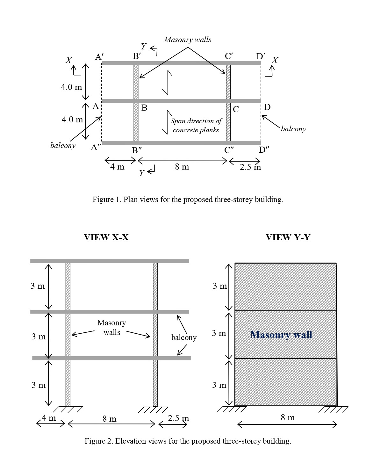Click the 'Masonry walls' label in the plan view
188,40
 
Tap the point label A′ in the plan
99,57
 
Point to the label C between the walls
236,109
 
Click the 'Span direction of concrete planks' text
196,126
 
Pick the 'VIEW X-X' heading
106,237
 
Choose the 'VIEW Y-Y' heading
288,237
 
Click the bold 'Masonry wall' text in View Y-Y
281,335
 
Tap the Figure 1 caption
188,200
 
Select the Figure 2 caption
188,441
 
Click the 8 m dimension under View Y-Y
288,417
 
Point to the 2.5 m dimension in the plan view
250,167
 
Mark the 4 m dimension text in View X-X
49,417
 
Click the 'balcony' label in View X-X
184,337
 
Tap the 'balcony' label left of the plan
63,146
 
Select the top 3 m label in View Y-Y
220,286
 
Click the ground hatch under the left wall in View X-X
68,409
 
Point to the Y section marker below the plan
142,173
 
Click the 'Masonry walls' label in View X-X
111,328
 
